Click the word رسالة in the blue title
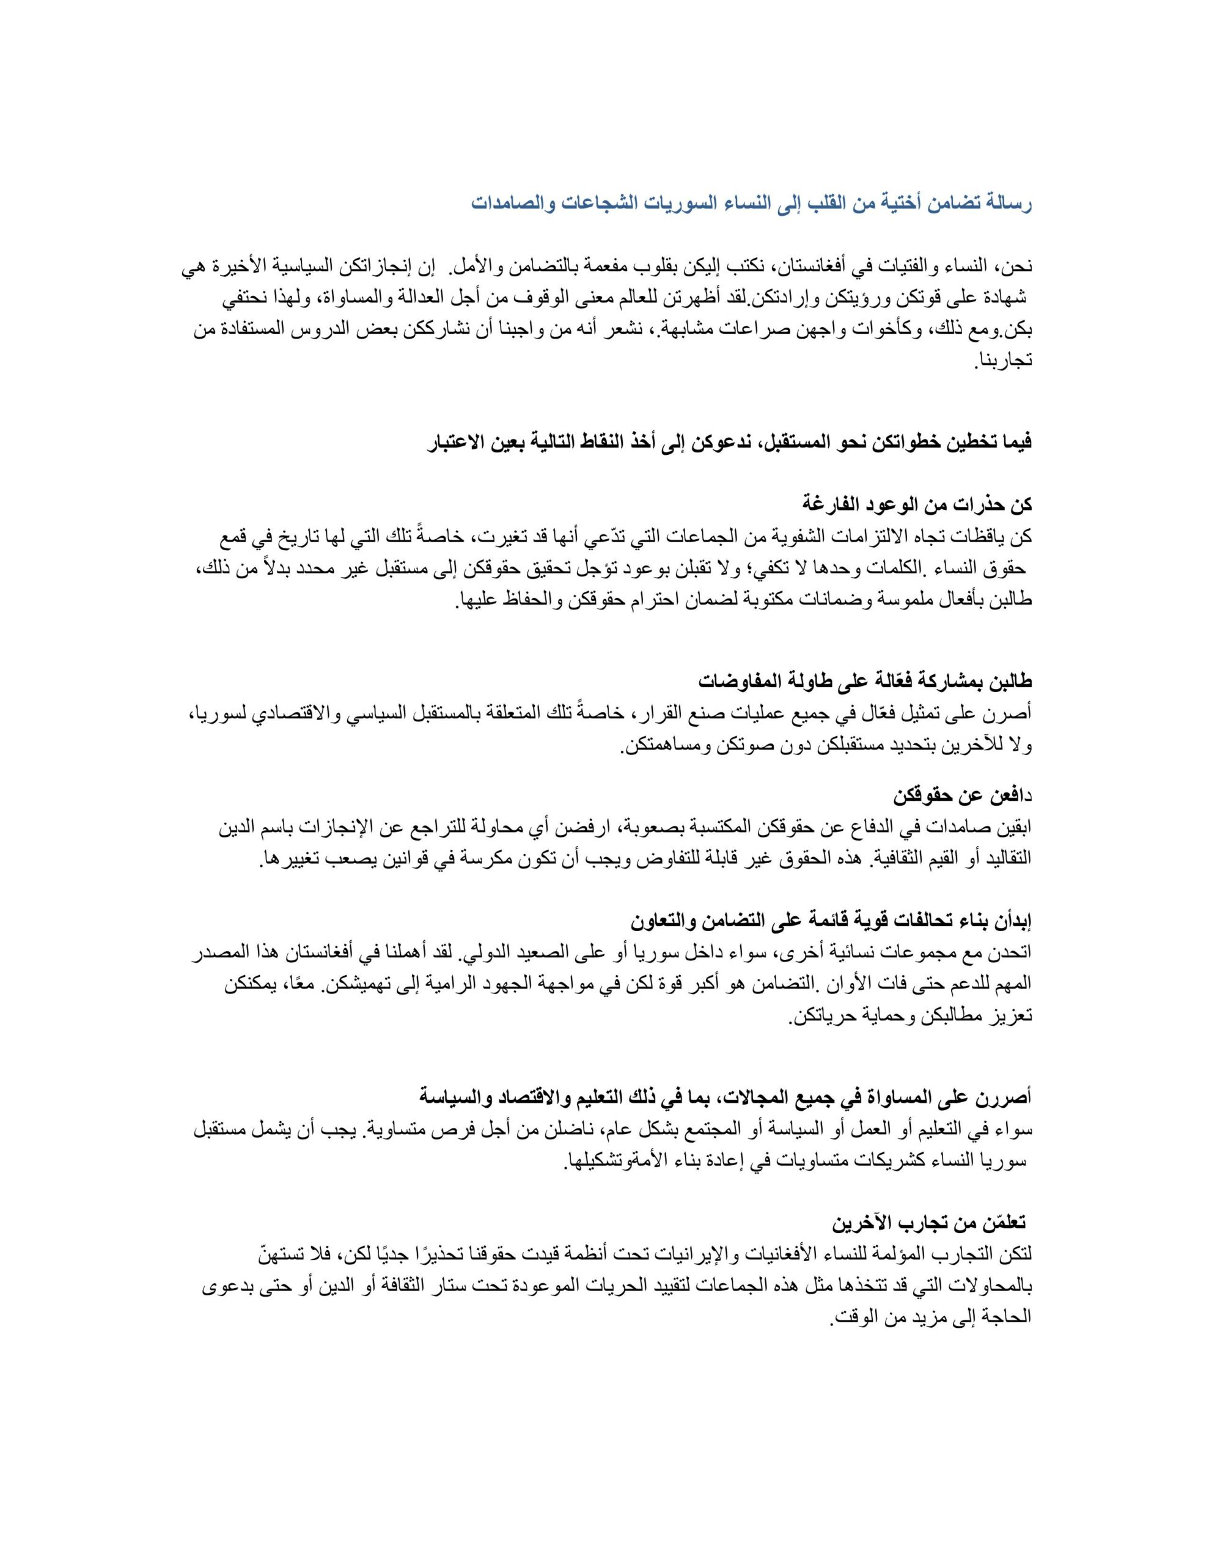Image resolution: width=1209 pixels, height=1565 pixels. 1006,204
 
